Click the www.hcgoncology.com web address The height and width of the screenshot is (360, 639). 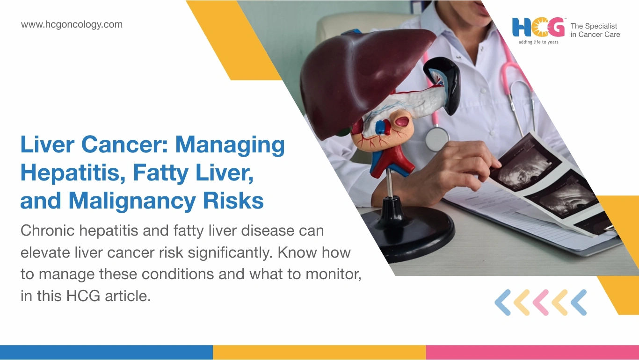tap(72, 24)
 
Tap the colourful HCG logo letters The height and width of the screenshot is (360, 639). tap(538, 28)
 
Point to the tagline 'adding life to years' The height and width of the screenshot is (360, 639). tap(538, 42)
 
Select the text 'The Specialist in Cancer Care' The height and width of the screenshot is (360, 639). tap(595, 30)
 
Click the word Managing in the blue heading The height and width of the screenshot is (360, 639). tap(230, 145)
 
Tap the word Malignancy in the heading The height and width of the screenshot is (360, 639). tap(132, 201)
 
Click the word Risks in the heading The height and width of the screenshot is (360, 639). tap(233, 201)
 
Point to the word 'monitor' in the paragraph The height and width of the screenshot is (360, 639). tap(333, 274)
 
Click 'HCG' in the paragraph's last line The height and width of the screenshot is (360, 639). tap(83, 296)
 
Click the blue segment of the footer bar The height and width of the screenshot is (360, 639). tap(106, 353)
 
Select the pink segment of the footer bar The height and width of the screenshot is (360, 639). tap(533, 353)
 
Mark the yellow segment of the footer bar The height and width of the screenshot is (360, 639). tap(319, 353)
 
